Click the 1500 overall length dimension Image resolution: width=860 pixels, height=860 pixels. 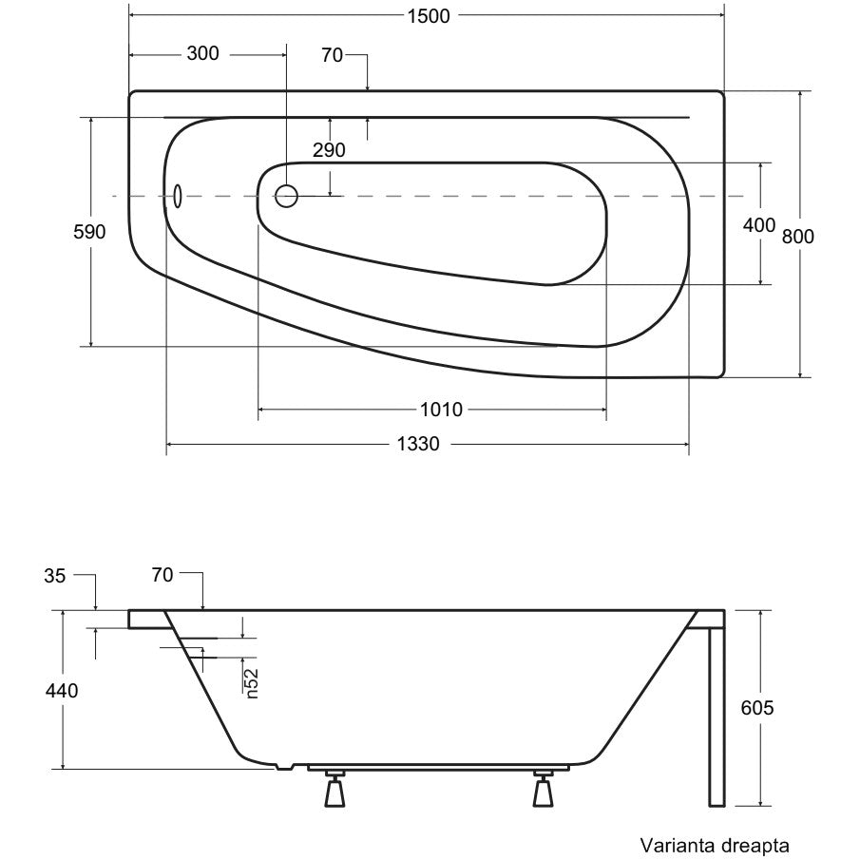tap(429, 16)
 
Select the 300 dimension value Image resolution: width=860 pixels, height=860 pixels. tap(203, 53)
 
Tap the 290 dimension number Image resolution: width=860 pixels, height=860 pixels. tap(329, 150)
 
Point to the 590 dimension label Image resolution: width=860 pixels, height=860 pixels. tap(89, 232)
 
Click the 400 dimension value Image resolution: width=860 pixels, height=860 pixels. tap(759, 225)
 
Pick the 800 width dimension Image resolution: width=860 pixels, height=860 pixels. tap(798, 237)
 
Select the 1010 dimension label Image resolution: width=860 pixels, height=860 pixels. tap(442, 410)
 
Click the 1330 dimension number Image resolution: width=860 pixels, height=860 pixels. tap(418, 443)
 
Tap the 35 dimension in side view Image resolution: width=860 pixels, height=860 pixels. tap(55, 576)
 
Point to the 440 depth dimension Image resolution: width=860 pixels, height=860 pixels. tap(62, 691)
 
